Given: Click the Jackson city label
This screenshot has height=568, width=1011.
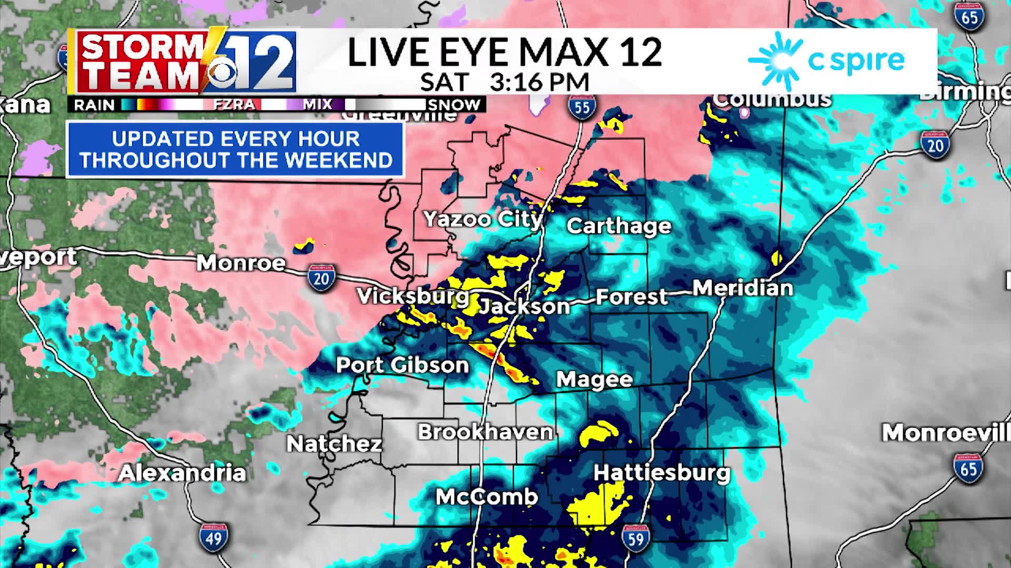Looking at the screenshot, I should (524, 306).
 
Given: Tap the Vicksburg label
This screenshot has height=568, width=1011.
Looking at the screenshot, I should (413, 296).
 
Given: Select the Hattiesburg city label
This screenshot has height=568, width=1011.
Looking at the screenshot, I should (662, 472).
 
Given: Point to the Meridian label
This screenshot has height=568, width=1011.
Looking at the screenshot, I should (742, 288).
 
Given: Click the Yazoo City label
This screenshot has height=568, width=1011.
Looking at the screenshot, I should (482, 219).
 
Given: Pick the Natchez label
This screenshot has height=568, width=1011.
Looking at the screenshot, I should (334, 444).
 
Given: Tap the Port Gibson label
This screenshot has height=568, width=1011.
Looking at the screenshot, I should (402, 365).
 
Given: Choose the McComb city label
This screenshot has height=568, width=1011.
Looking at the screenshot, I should (487, 496).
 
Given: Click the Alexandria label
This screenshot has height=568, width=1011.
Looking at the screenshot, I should (182, 473).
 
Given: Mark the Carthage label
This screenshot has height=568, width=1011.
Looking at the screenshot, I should (619, 226).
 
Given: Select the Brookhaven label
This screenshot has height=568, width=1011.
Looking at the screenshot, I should (485, 432).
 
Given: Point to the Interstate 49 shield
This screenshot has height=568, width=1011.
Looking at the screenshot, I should (214, 537).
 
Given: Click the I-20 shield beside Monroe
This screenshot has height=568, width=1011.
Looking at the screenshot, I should (321, 278).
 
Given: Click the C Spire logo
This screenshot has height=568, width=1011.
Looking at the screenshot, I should (826, 60).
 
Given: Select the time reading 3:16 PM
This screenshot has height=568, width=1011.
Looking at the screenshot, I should (539, 82).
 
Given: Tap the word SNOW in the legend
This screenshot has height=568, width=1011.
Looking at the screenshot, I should (454, 105).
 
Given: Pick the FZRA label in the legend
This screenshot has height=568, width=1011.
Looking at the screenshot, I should (234, 105).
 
